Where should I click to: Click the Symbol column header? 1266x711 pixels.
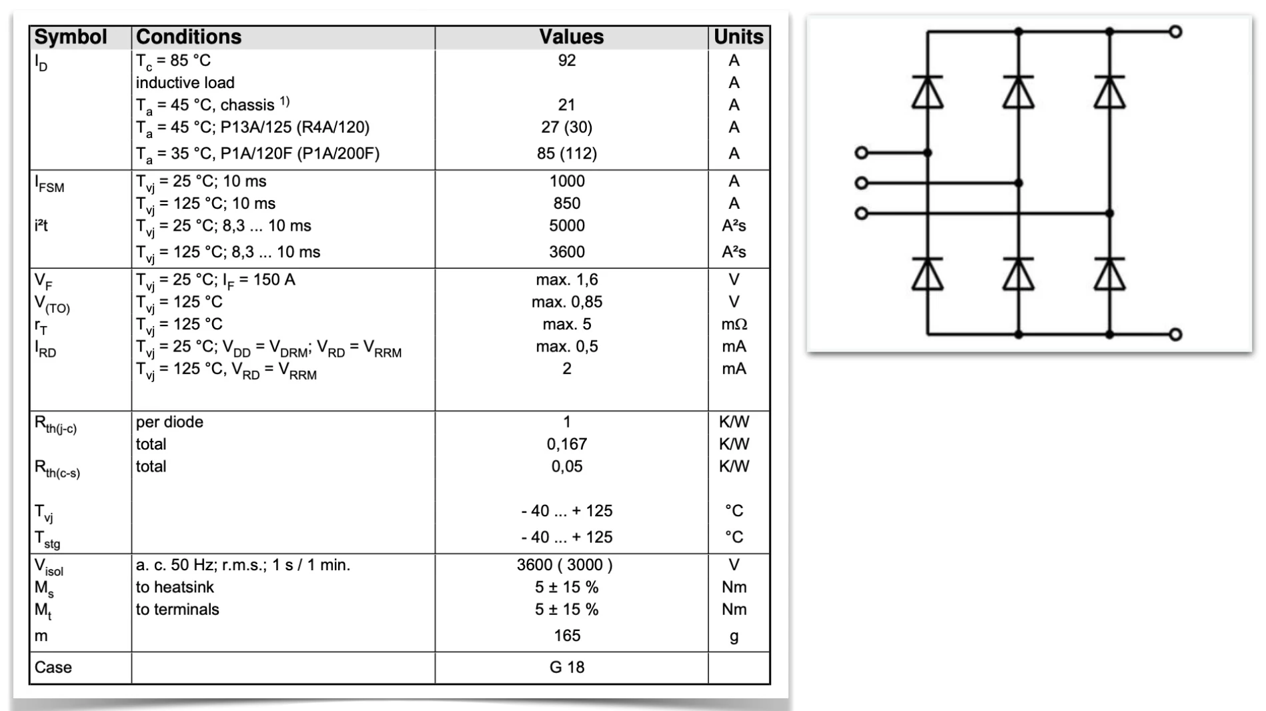(x=70, y=37)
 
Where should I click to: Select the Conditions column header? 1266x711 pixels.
(x=188, y=37)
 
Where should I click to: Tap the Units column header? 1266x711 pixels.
(x=738, y=37)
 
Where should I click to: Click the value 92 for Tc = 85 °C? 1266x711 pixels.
(x=567, y=61)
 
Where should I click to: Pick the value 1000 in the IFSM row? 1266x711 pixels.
(x=567, y=181)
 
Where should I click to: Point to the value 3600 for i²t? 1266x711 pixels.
(x=567, y=252)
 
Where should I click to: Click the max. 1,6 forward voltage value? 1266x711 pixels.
(x=567, y=279)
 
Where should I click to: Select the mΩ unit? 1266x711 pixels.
(x=734, y=324)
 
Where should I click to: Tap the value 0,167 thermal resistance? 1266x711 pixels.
(x=567, y=444)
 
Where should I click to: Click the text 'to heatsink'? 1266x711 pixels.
(x=175, y=587)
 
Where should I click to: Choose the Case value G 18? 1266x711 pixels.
(x=567, y=667)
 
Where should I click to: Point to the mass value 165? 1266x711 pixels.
(x=567, y=636)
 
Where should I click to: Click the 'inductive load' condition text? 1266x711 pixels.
(x=185, y=83)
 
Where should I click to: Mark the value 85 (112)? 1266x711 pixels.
(x=567, y=153)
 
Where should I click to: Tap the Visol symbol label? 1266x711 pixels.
(x=49, y=566)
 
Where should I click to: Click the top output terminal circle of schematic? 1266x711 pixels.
(x=1176, y=31)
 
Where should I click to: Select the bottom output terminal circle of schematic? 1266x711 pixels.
(x=1176, y=334)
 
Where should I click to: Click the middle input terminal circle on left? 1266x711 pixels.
(x=861, y=183)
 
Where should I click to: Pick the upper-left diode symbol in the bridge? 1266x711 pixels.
(x=927, y=92)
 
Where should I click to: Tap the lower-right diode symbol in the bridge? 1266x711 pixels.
(x=1109, y=274)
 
